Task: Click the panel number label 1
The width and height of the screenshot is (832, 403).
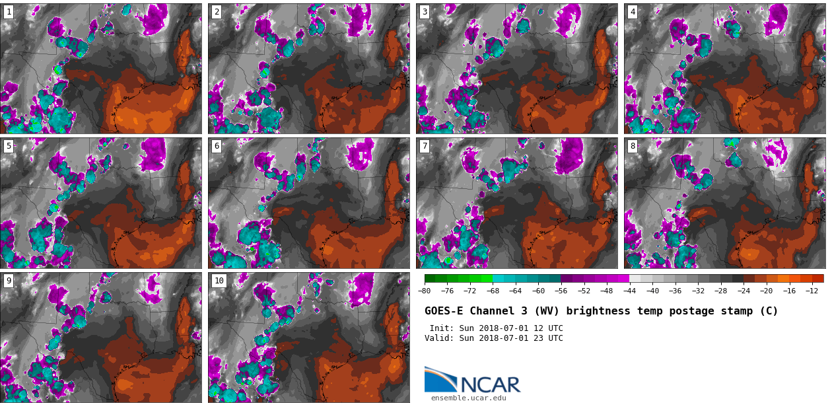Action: [9, 12]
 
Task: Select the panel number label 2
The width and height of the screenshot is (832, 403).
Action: [217, 12]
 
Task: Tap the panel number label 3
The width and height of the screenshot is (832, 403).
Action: [425, 12]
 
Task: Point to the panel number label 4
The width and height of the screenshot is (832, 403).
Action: [633, 12]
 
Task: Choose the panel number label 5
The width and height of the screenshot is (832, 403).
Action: [9, 146]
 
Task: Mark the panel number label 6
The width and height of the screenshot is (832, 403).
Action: [217, 146]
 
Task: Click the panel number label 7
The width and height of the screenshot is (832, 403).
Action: [425, 146]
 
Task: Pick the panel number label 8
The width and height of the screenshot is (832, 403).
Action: [633, 146]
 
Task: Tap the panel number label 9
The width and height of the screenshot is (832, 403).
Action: [9, 281]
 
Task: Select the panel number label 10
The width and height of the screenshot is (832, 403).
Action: [219, 281]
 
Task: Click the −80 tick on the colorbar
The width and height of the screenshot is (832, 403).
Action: [425, 291]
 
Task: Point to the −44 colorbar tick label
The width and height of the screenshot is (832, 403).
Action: [629, 291]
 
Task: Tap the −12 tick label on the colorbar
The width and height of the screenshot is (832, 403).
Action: [812, 291]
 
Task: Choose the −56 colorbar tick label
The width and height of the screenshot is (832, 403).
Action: [561, 291]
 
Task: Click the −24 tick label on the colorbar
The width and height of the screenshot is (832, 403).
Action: [744, 291]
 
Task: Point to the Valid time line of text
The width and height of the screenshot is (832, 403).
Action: [493, 338]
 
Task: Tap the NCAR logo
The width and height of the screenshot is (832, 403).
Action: [472, 381]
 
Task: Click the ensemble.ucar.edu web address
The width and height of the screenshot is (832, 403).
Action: [468, 398]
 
